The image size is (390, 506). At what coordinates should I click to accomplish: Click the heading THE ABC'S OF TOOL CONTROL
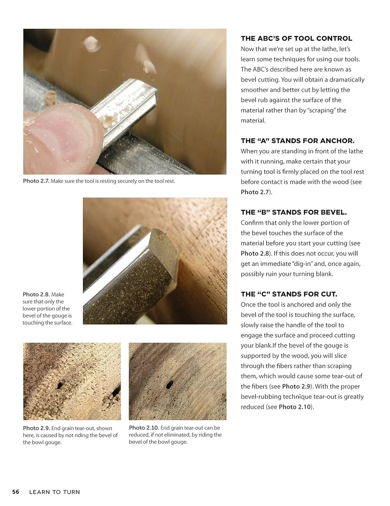(296, 38)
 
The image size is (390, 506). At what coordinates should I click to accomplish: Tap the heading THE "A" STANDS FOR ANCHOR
(297, 141)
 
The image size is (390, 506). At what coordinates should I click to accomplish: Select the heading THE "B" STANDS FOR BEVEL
(294, 212)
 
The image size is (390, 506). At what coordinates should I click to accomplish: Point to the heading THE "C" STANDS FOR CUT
(289, 294)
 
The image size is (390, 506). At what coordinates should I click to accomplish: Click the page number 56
(15, 492)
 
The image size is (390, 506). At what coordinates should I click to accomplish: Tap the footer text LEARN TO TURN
(55, 492)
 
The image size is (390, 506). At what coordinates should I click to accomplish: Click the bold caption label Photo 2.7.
(36, 181)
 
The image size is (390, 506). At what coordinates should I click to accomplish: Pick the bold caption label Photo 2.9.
(36, 428)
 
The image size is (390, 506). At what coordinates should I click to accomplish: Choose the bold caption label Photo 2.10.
(144, 428)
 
